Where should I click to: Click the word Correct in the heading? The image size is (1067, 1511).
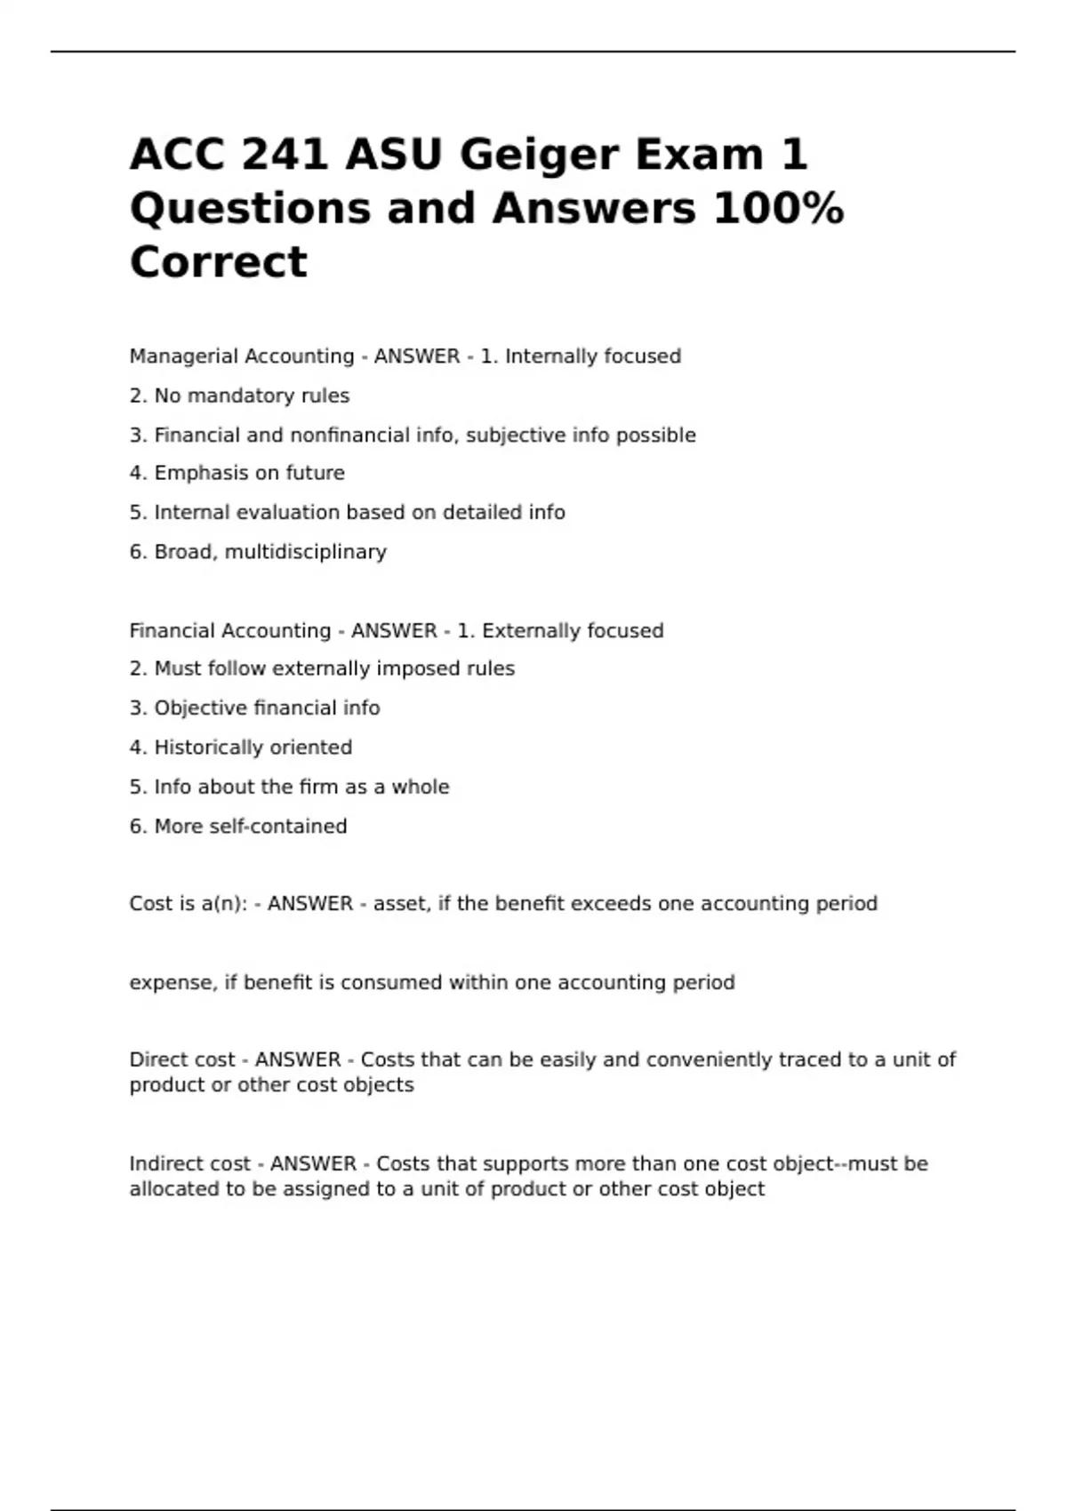click(x=219, y=261)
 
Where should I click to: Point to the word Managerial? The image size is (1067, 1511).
click(x=183, y=356)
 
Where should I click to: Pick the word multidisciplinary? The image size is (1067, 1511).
click(x=306, y=552)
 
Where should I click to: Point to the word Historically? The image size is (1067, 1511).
click(x=210, y=748)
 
